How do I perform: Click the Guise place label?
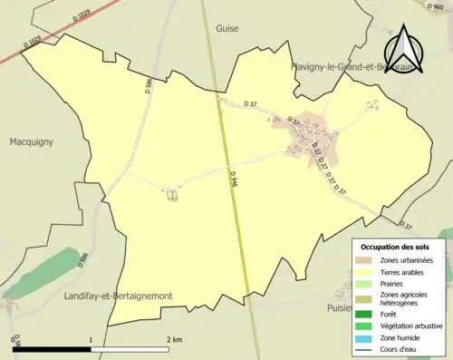(227, 28)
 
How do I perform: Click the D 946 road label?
(234, 180)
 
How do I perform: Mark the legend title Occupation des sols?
(395, 247)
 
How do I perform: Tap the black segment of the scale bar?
(53, 348)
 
